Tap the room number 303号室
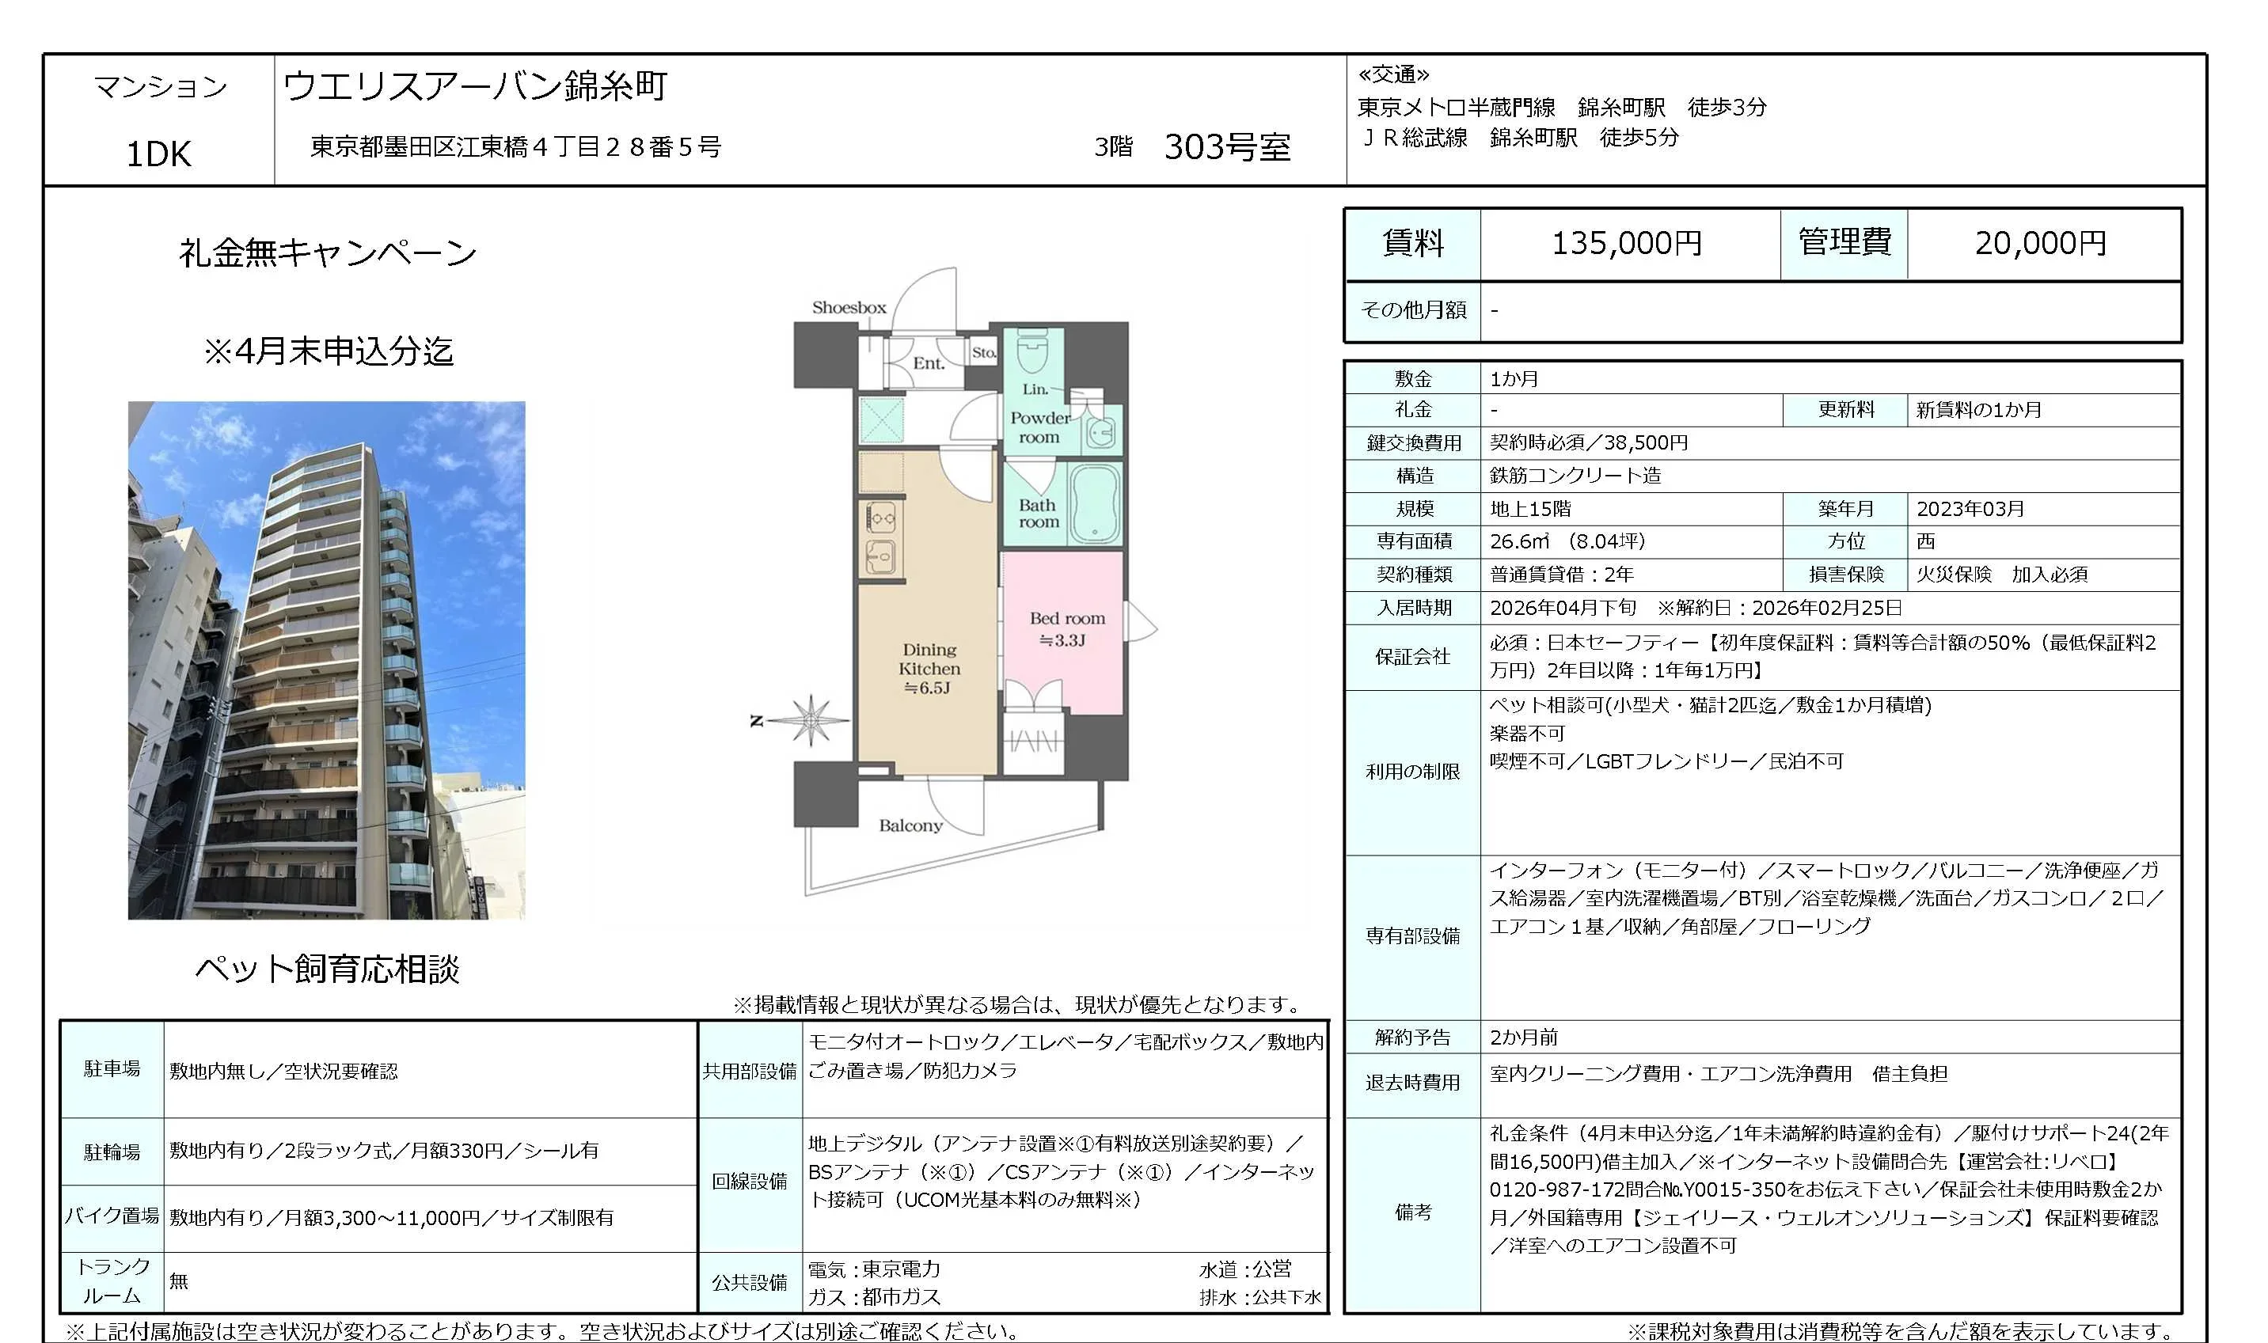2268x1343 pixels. tap(1226, 146)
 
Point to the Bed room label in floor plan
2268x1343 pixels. tap(1066, 628)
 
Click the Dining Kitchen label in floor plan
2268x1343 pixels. tap(929, 669)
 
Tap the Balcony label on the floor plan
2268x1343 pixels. tap(910, 825)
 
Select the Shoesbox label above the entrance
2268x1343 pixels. tap(849, 308)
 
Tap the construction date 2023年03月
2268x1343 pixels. tap(1970, 509)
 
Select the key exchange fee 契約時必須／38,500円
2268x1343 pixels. tap(1588, 442)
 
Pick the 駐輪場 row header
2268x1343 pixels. tap(112, 1151)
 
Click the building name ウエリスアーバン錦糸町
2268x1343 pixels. tap(475, 86)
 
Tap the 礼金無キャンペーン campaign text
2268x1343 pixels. tap(327, 252)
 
